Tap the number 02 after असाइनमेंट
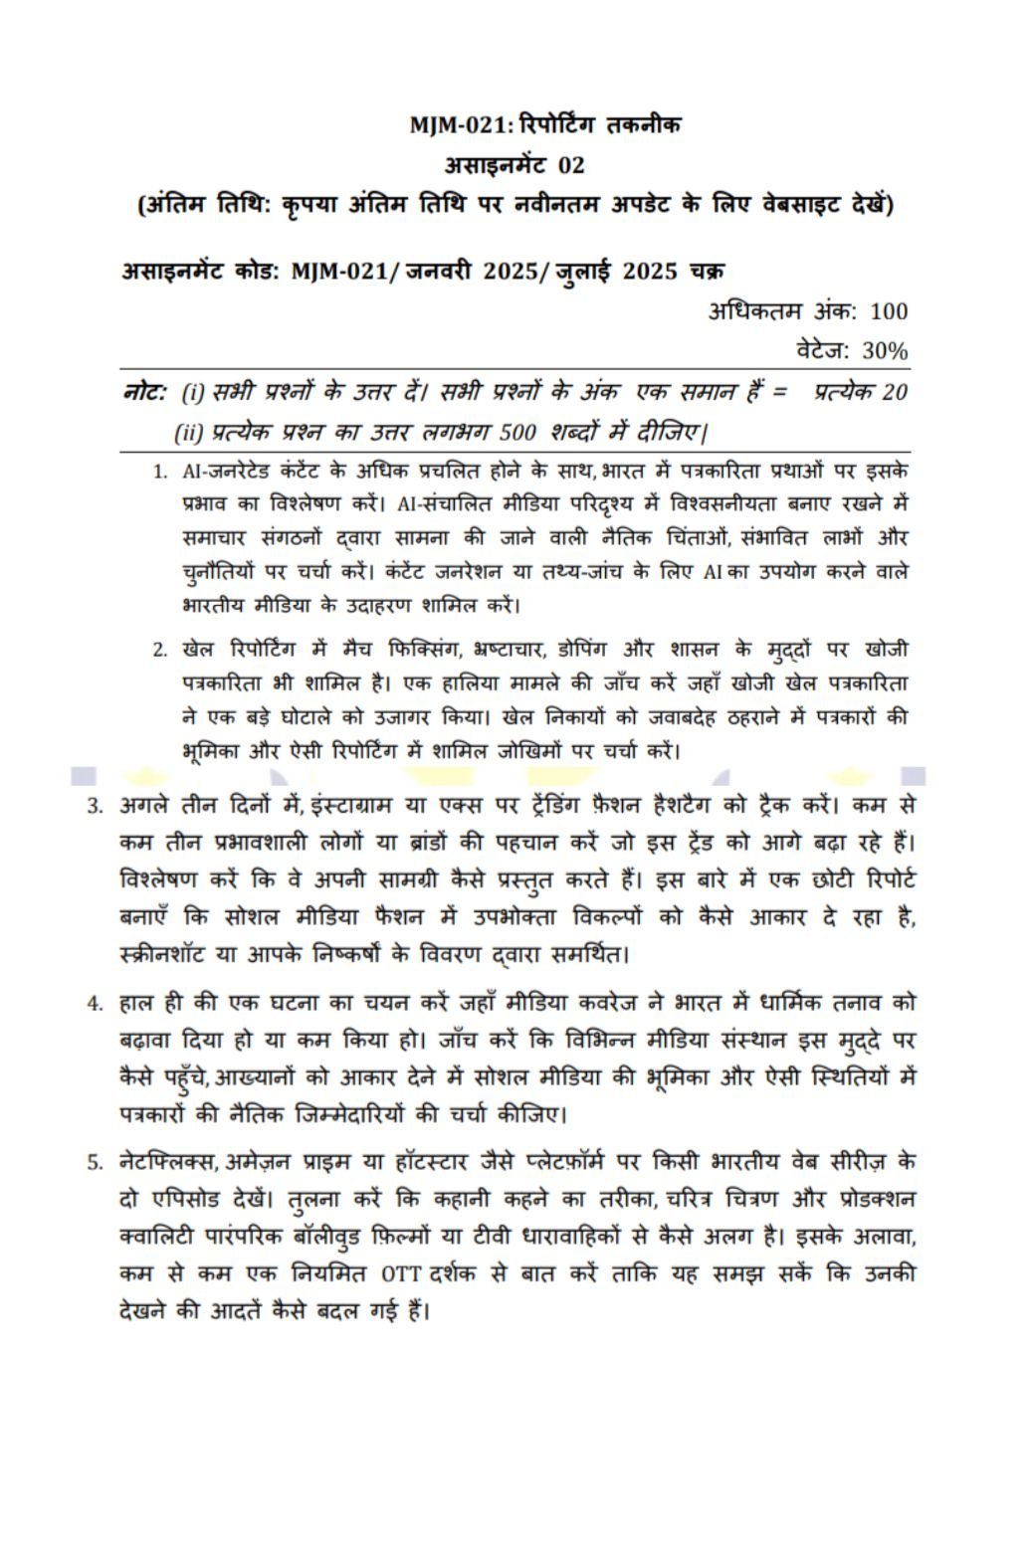click(x=571, y=164)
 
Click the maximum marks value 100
click(x=888, y=311)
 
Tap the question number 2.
click(x=159, y=651)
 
